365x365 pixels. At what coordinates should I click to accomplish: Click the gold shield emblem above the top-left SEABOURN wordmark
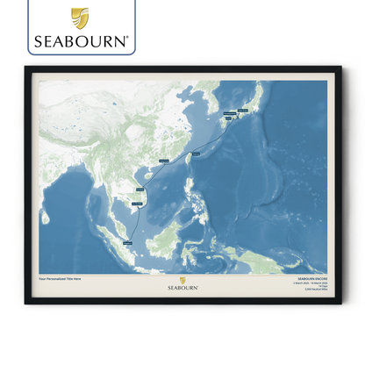coord(80,17)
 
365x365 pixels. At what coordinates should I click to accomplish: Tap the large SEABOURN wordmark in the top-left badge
coord(81,39)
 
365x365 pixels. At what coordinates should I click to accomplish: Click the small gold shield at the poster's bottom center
coord(182,280)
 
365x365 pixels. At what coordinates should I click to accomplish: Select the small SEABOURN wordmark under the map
coord(182,286)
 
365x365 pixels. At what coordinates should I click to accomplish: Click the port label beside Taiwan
coord(195,154)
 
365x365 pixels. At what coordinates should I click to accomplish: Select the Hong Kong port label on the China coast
coord(164,161)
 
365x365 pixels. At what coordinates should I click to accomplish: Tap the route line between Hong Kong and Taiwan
coord(178,159)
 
